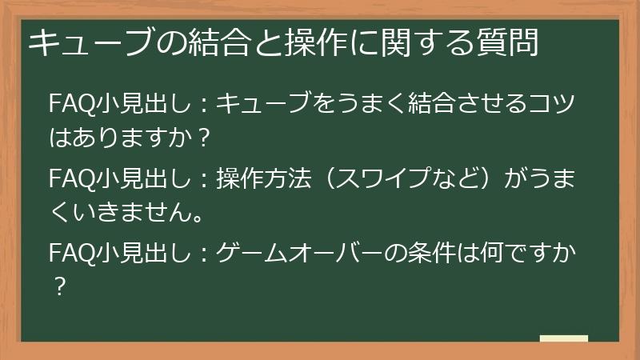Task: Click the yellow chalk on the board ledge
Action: tap(563, 338)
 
